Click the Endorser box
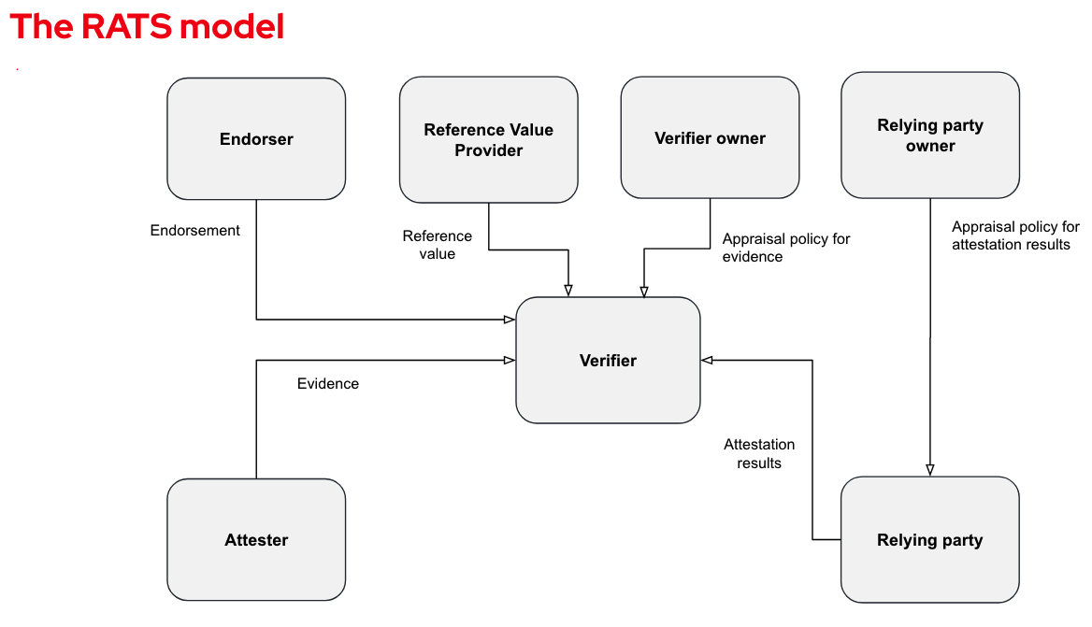click(256, 138)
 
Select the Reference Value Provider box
click(488, 139)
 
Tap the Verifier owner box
click(710, 137)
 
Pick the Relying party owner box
click(929, 135)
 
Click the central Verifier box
click(608, 360)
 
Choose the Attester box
click(256, 539)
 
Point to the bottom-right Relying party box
click(929, 539)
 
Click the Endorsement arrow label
click(195, 231)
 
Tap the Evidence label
click(328, 383)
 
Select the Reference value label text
click(438, 245)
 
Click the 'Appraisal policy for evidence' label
click(786, 248)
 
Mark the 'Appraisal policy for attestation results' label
click(1015, 235)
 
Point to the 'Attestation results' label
click(759, 454)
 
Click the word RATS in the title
click(127, 26)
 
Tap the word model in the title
click(232, 26)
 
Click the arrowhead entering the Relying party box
click(929, 470)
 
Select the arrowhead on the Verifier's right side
click(707, 360)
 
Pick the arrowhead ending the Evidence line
click(510, 360)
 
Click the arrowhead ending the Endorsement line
click(510, 320)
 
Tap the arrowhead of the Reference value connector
click(568, 291)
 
